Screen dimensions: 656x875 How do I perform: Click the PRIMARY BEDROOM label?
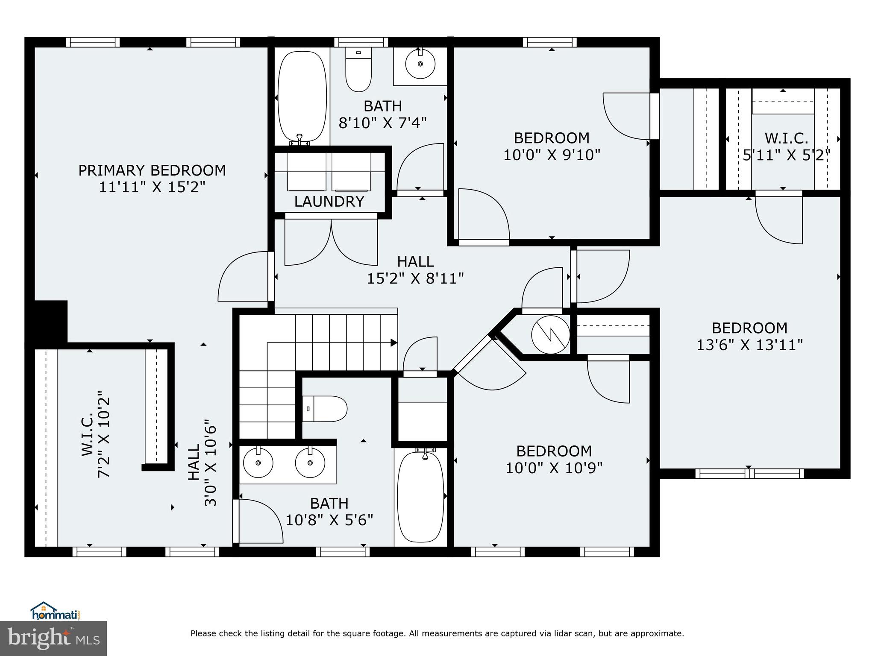point(152,170)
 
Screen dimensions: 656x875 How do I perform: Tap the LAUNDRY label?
point(329,201)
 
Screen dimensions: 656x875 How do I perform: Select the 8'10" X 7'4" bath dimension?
point(382,123)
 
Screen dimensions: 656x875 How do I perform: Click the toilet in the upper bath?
point(358,70)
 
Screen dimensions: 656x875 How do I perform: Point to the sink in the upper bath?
point(420,64)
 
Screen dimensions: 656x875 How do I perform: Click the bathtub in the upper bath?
point(302,97)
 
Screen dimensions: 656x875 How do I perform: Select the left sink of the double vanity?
point(258,463)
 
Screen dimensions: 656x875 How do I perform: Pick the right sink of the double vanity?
point(310,463)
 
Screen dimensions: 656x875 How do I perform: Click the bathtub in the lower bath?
point(420,498)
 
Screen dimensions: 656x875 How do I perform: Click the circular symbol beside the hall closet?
point(550,334)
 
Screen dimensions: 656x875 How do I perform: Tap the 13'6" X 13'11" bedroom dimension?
point(749,345)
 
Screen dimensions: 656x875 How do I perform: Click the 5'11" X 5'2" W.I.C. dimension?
point(786,155)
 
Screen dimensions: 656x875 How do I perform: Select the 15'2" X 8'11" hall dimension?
point(415,278)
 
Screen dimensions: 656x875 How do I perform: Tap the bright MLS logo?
point(53,638)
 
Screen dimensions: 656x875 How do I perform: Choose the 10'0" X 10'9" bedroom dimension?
point(554,468)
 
